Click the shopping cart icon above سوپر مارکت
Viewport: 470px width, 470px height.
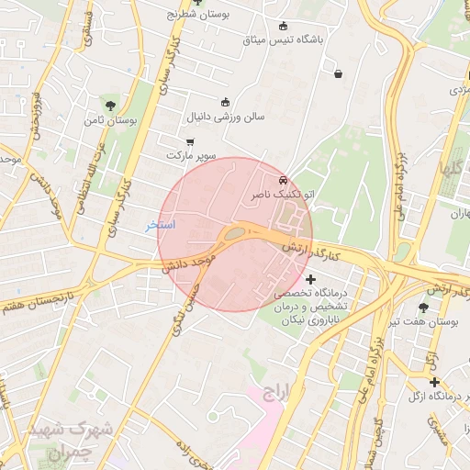tap(190, 141)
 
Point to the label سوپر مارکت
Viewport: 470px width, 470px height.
tap(190, 157)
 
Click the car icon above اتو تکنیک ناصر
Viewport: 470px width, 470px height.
tap(284, 181)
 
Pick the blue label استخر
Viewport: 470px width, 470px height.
tap(161, 225)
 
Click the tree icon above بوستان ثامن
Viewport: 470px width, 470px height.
tap(111, 106)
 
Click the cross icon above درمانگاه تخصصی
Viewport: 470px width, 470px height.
tap(310, 279)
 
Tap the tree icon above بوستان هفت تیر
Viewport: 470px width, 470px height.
tap(423, 308)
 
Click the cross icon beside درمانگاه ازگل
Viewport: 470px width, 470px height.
tap(434, 381)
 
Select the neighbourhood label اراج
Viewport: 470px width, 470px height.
tap(274, 394)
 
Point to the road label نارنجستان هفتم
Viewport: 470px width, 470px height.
tap(37, 299)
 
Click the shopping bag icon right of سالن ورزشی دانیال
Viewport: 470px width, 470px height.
tap(340, 73)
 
